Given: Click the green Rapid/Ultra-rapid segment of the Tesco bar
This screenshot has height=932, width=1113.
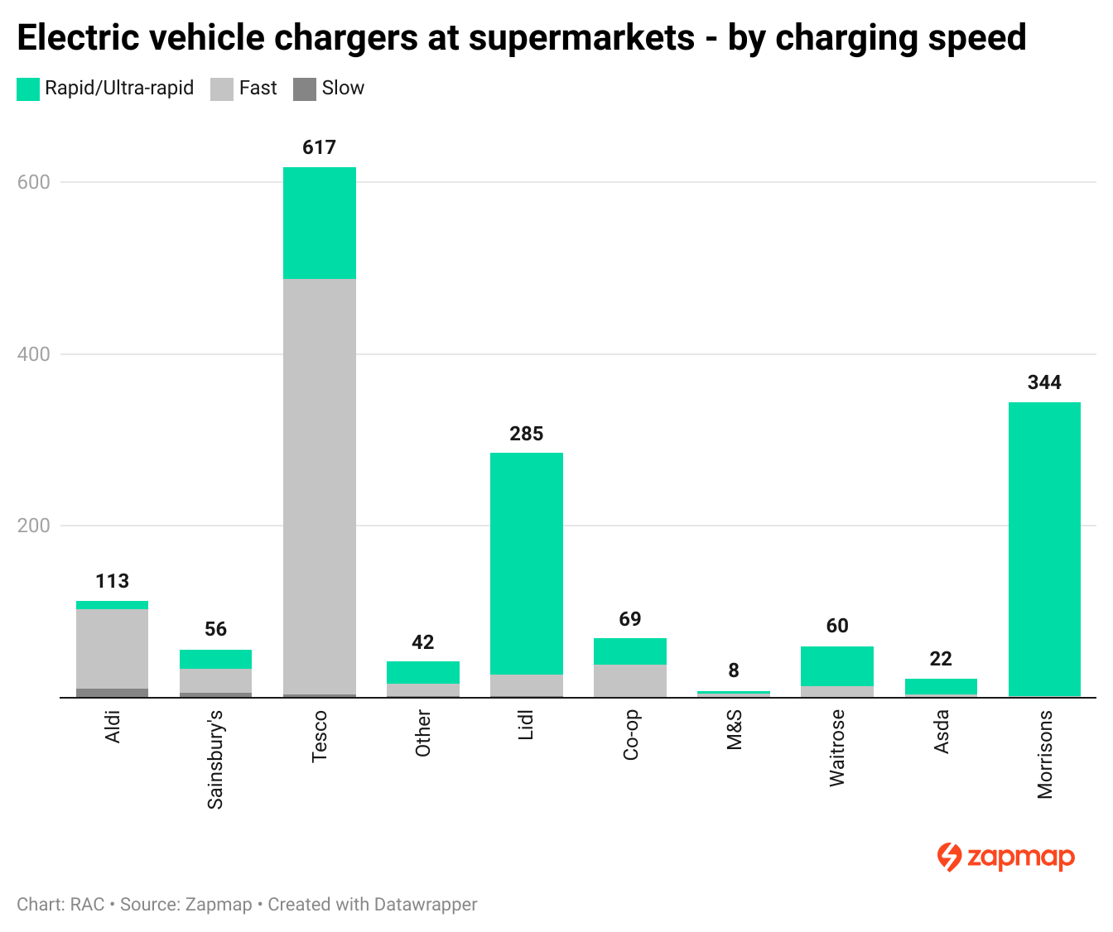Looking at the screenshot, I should [x=319, y=223].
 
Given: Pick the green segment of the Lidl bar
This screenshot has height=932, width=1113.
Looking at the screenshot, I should [x=526, y=563].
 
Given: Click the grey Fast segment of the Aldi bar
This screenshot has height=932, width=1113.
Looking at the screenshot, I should [x=112, y=648].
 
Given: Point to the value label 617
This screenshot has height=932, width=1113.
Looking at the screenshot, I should [x=319, y=147].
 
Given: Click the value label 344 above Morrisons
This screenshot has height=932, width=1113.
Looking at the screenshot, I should [x=1044, y=382].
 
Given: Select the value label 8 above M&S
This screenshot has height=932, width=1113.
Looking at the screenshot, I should [x=734, y=670].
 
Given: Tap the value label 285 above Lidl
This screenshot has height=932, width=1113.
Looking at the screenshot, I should [x=526, y=434].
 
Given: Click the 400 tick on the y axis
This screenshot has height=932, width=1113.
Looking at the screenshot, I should [x=34, y=354].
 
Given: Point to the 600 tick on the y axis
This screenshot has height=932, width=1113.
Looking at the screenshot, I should [x=34, y=182].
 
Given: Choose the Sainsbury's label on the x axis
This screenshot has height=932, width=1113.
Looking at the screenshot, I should [x=215, y=759].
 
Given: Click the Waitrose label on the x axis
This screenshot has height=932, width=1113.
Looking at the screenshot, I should [x=837, y=747].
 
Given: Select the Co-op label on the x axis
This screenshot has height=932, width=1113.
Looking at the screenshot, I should [x=630, y=735].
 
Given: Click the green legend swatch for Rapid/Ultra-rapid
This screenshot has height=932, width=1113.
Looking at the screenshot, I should [x=28, y=89].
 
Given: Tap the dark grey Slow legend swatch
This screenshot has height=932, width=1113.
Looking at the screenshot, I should [x=305, y=89].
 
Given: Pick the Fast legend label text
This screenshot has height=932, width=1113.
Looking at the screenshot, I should [x=258, y=89].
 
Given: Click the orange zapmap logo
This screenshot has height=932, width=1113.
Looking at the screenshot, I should [x=1005, y=858].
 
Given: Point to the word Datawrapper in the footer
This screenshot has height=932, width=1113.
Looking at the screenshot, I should [x=425, y=905].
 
